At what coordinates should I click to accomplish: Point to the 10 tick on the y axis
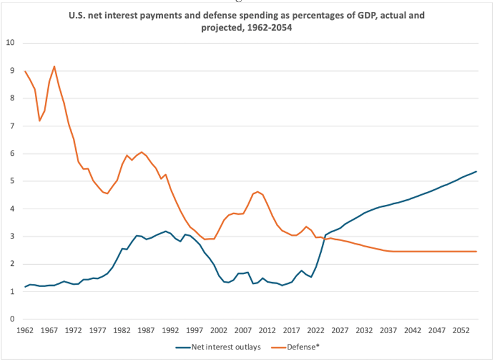click(x=10, y=43)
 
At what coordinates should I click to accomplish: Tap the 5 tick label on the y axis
click(x=11, y=181)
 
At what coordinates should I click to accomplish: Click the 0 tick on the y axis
click(x=11, y=320)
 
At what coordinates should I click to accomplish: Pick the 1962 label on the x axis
click(x=26, y=330)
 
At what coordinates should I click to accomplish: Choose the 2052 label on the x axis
click(x=461, y=330)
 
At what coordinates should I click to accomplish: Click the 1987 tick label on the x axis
click(x=146, y=330)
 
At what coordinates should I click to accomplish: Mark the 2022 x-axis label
click(x=316, y=330)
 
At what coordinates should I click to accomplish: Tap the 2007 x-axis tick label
click(x=243, y=330)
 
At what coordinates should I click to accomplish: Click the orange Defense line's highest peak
click(x=54, y=66)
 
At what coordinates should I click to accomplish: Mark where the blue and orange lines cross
click(x=325, y=237)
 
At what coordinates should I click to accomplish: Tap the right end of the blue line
click(x=476, y=171)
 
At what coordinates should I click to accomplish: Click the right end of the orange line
click(x=476, y=252)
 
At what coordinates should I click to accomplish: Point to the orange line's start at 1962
click(x=26, y=71)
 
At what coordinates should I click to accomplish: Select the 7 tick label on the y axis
click(x=11, y=126)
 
